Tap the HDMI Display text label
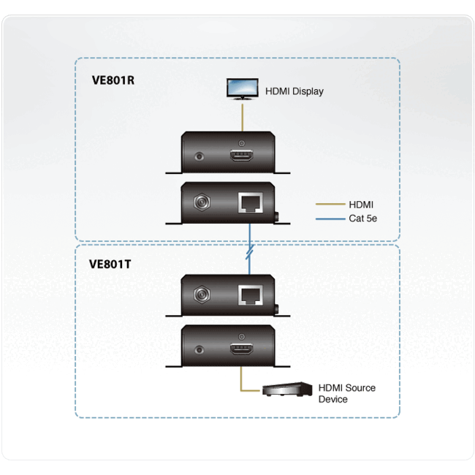point(293,91)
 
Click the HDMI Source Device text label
point(346,393)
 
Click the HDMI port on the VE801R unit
point(240,155)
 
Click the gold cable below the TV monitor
point(240,117)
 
